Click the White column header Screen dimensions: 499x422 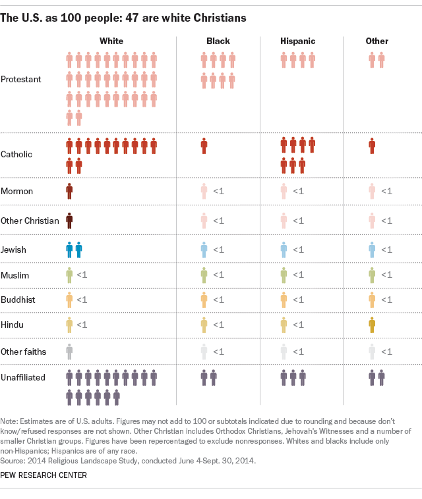tap(111, 41)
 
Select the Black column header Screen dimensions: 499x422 tap(218, 41)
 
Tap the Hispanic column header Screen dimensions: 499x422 tap(298, 41)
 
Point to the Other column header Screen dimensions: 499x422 tap(377, 41)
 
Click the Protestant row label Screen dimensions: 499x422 tap(21, 79)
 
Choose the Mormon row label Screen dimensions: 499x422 tap(17, 191)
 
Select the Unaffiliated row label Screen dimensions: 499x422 tap(24, 377)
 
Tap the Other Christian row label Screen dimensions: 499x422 tap(30, 221)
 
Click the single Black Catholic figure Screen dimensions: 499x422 tap(204, 146)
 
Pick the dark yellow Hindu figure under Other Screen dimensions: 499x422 tap(372, 325)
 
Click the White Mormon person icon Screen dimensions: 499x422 tap(69, 191)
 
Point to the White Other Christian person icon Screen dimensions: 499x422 tap(69, 221)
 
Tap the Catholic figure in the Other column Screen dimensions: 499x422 tap(372, 146)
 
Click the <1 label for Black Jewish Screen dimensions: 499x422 tap(218, 250)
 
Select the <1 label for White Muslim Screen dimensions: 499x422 tap(82, 275)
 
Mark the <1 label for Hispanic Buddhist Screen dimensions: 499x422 tap(297, 300)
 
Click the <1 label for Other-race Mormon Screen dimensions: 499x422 tap(386, 191)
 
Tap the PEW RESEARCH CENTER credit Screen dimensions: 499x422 tap(44, 475)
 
